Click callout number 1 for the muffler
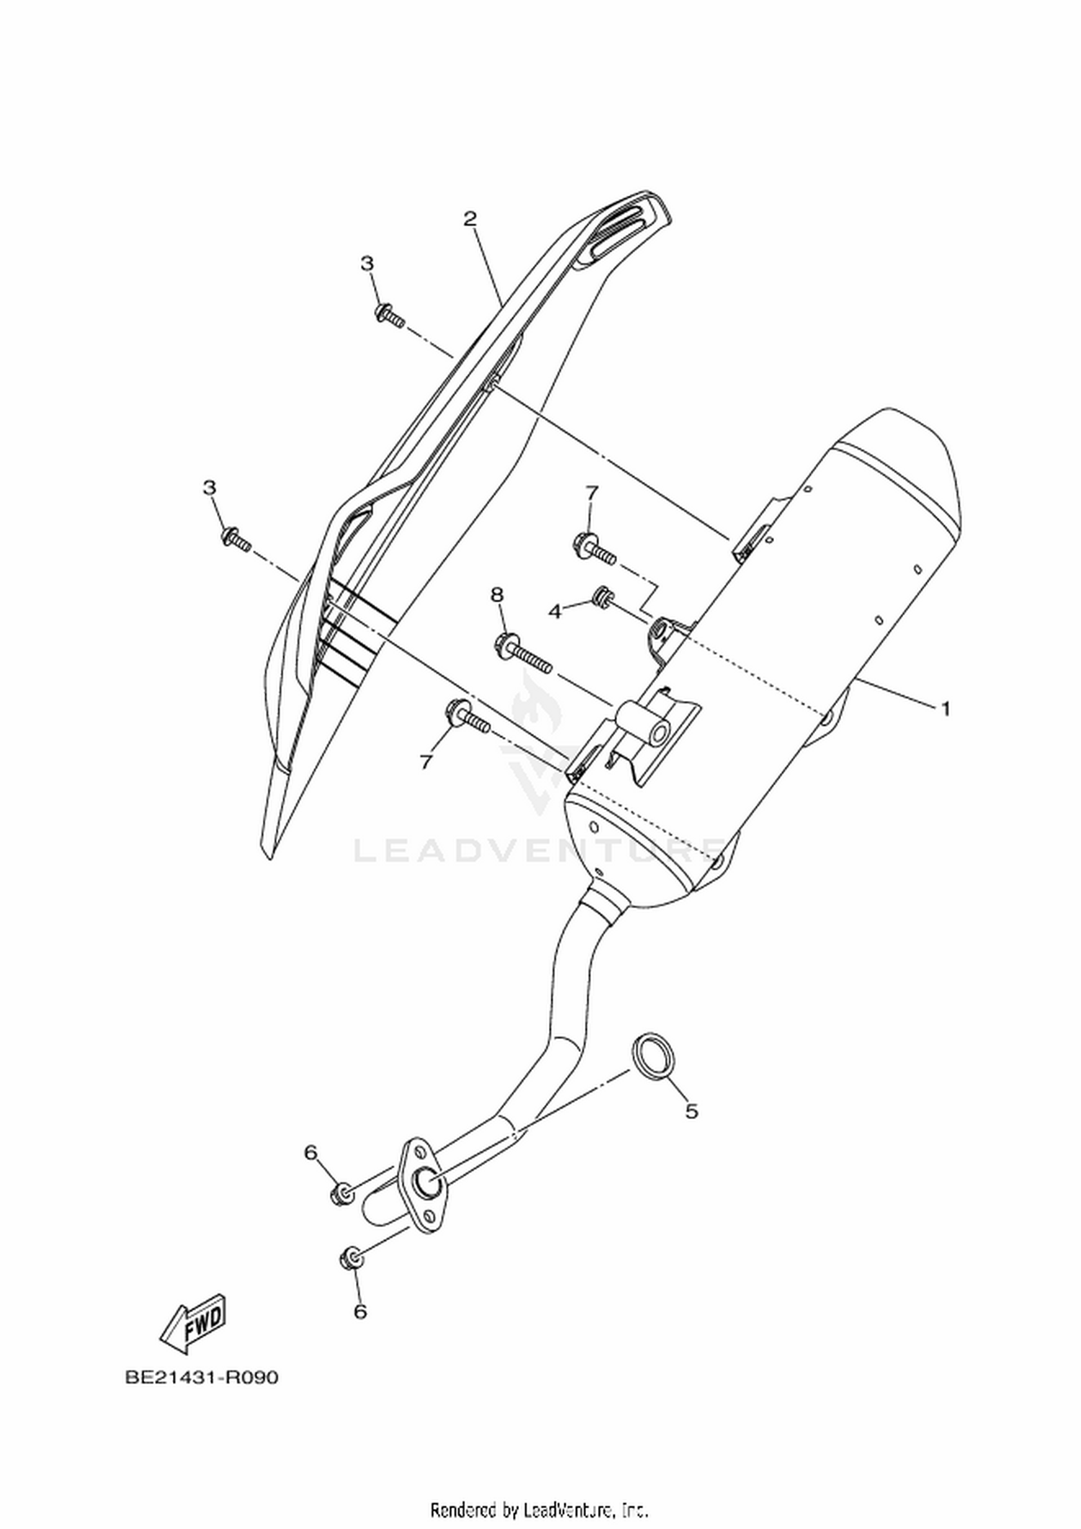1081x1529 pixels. [945, 708]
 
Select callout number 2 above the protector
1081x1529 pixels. [470, 218]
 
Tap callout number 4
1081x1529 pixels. [554, 612]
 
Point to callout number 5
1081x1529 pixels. [691, 1111]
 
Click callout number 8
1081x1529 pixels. [497, 594]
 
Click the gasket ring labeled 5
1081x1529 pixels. [650, 1057]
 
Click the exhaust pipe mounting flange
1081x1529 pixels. [423, 1191]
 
